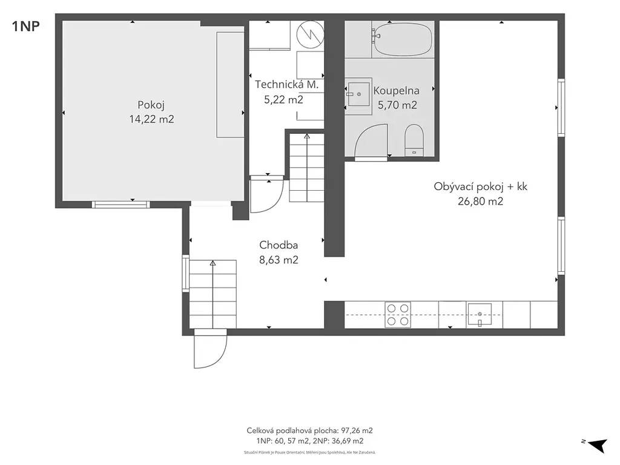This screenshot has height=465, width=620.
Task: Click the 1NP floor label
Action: pyautogui.click(x=26, y=27)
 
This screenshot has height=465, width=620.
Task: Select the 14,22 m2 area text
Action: pyautogui.click(x=151, y=119)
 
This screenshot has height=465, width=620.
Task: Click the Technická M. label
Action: pyautogui.click(x=286, y=84)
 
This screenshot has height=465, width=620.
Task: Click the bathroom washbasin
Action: pyautogui.click(x=358, y=94)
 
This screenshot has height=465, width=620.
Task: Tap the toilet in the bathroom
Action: pyautogui.click(x=414, y=140)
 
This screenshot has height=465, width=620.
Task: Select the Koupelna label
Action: pyautogui.click(x=396, y=91)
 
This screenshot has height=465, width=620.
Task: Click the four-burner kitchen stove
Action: pyautogui.click(x=398, y=315)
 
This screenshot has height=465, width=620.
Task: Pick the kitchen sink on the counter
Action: pyautogui.click(x=480, y=315)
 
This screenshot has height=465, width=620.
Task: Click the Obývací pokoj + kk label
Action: pyautogui.click(x=480, y=186)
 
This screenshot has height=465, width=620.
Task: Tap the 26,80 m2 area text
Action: pyautogui.click(x=480, y=201)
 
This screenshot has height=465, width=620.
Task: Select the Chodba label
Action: pyautogui.click(x=279, y=245)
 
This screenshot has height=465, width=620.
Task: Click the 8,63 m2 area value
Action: pyautogui.click(x=279, y=260)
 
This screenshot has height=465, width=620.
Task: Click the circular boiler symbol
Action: pyautogui.click(x=311, y=35)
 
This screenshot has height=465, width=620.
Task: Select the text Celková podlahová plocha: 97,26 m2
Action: pyautogui.click(x=309, y=430)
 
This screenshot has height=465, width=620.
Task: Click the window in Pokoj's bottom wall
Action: pyautogui.click(x=121, y=205)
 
